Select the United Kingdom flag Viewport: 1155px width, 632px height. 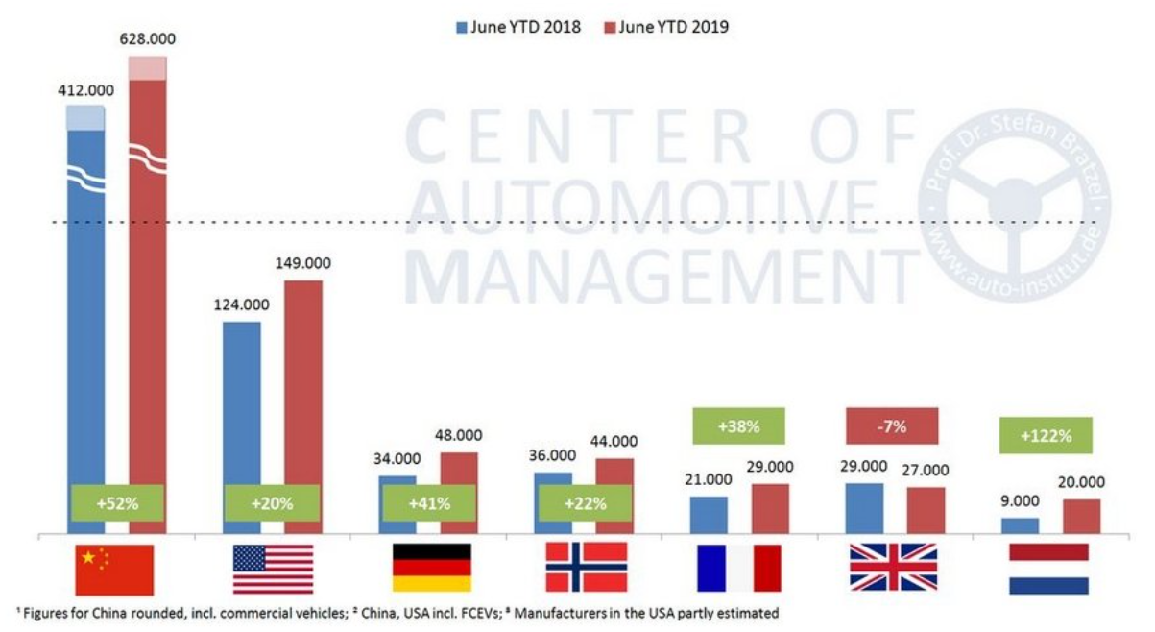tap(893, 568)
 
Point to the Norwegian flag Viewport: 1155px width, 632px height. tap(586, 568)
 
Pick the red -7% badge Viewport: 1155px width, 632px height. tap(892, 425)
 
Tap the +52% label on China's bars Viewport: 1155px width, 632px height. tap(117, 502)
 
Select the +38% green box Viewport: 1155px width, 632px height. tap(737, 425)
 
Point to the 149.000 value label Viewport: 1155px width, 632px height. tap(301, 263)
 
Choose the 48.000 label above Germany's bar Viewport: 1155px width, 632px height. tap(459, 435)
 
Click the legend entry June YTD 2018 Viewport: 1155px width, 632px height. tap(517, 27)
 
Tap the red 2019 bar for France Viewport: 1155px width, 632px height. tap(769, 508)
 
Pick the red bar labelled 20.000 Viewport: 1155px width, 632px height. tap(1081, 516)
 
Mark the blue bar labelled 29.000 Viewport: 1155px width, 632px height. tap(864, 508)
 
